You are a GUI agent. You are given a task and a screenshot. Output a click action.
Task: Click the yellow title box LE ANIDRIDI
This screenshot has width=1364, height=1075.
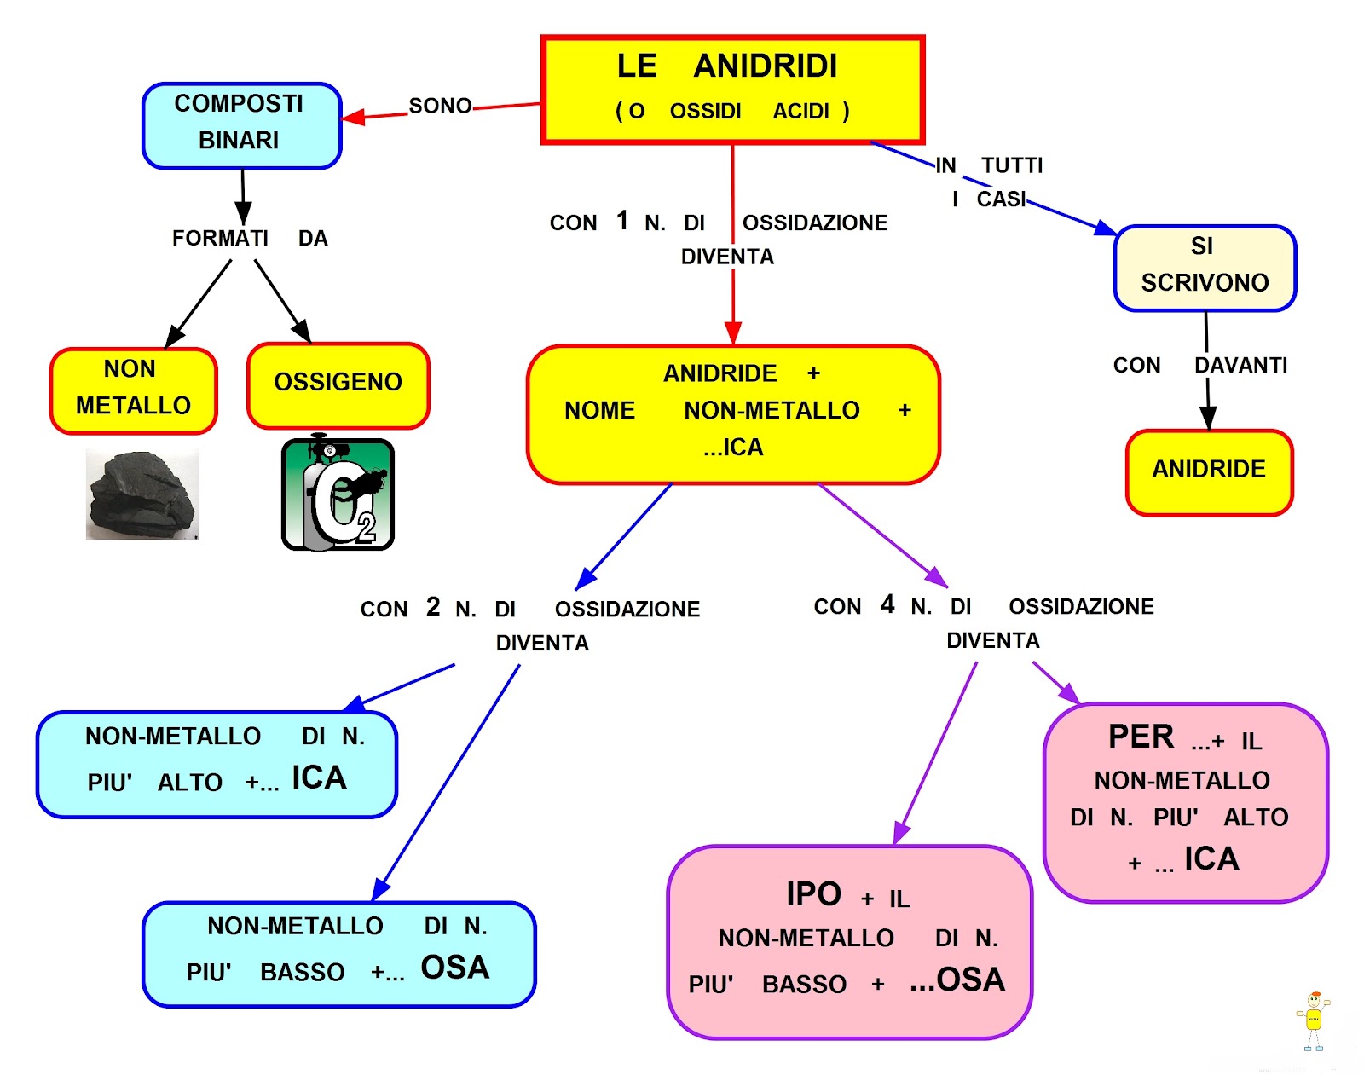(x=733, y=89)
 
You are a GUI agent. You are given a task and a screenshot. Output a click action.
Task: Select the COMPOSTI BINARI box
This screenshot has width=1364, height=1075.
(x=241, y=124)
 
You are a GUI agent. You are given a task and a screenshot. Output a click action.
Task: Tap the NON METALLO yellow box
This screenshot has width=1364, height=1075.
(x=133, y=389)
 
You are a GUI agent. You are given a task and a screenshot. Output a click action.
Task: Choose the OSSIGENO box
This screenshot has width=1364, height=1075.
(x=338, y=384)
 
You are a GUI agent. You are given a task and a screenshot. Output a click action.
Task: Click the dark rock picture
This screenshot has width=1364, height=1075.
(x=142, y=494)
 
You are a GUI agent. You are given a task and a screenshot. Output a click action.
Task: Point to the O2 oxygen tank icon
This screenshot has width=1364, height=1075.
(x=338, y=494)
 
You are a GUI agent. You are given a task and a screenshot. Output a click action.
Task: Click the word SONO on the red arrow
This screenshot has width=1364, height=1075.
(x=440, y=106)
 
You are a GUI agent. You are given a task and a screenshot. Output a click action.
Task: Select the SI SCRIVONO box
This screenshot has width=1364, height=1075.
(x=1204, y=267)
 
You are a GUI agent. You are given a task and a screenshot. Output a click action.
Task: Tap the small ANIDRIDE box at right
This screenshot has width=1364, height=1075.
(x=1209, y=471)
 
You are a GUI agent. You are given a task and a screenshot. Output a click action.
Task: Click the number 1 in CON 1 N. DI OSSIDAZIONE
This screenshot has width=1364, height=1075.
(x=622, y=221)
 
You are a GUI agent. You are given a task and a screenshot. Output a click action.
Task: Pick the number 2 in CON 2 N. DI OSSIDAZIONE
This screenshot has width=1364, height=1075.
(x=433, y=606)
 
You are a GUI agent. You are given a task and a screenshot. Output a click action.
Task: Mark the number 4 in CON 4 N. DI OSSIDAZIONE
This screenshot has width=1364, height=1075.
(x=887, y=604)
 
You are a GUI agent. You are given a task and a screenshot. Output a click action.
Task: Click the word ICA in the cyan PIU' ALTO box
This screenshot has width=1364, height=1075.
(x=319, y=777)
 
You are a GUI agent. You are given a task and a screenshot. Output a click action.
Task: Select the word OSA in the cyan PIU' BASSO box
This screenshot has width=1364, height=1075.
(x=455, y=968)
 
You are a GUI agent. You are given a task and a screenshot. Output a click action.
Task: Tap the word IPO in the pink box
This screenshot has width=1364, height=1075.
(x=813, y=894)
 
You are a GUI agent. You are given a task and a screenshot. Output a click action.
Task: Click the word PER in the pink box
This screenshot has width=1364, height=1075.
(x=1141, y=737)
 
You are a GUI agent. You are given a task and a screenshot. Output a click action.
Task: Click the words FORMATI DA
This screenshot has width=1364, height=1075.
(x=249, y=238)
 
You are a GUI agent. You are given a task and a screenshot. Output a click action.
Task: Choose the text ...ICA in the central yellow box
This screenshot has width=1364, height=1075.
(x=733, y=448)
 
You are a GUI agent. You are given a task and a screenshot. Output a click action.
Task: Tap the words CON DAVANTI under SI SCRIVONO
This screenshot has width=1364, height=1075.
(x=1199, y=365)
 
